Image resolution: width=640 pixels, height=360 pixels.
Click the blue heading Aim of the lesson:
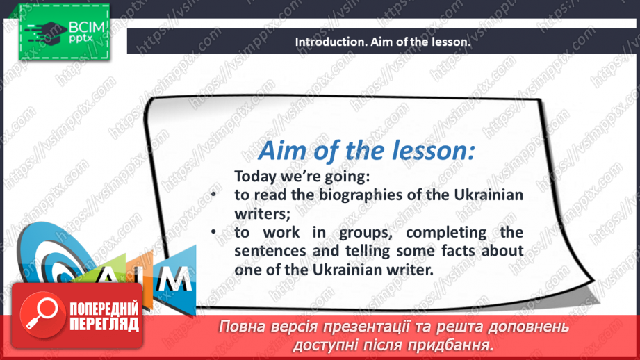coord(366,151)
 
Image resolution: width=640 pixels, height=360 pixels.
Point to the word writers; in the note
coord(263,213)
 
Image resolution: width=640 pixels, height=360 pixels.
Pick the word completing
coord(446,233)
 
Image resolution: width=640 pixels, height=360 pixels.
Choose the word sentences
coord(270,251)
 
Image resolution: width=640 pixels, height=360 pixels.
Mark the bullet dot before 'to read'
coord(213,195)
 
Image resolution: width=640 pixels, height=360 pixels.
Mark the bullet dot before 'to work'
coord(213,232)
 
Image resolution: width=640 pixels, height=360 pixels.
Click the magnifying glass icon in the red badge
coord(42,315)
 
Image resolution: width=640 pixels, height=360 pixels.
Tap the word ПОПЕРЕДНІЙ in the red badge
coord(104,309)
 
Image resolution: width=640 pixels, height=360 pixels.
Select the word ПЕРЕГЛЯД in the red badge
coord(104,325)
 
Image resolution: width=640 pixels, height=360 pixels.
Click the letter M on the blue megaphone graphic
coord(174,279)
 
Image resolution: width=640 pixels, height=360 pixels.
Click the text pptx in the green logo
coord(81,39)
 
